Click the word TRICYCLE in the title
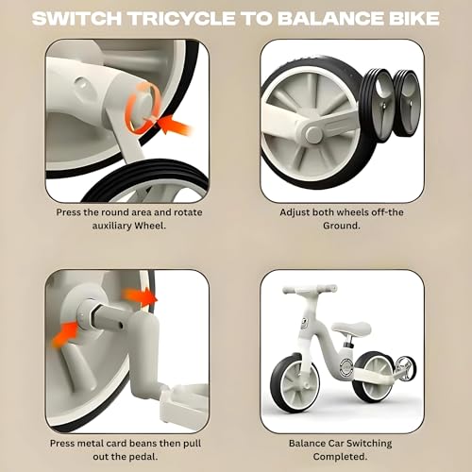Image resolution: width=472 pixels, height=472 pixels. click(182, 18)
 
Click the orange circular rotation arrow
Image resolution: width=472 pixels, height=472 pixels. click(142, 108)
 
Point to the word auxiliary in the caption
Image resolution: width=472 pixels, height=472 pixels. click(111, 226)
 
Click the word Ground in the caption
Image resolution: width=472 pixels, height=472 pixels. click(341, 226)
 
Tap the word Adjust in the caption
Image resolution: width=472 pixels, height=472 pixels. click(295, 212)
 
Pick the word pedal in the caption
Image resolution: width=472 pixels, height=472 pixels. click(142, 457)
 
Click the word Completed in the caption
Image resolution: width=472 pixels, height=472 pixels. click(340, 457)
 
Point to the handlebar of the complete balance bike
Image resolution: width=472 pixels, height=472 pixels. click(310, 289)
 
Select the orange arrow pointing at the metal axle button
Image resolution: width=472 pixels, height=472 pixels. click(64, 334)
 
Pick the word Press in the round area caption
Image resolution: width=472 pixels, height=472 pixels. click(69, 212)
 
